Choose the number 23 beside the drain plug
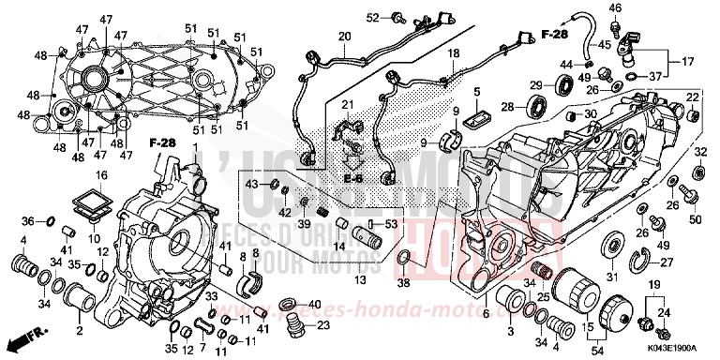point(323,325)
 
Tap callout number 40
point(314,304)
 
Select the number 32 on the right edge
point(699,151)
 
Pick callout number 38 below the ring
point(403,281)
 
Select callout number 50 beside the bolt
point(695,218)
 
